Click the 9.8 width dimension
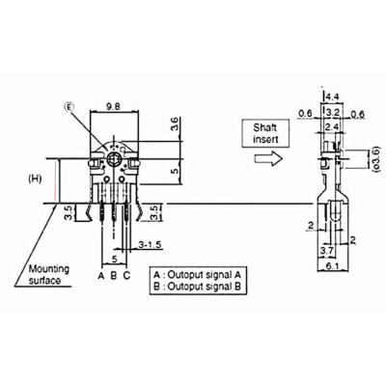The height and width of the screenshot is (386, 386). click(x=114, y=106)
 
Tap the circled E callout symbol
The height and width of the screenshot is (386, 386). click(x=69, y=107)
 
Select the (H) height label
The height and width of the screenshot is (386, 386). click(x=35, y=179)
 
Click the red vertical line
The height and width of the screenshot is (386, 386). click(x=57, y=181)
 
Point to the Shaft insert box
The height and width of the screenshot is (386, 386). click(x=265, y=133)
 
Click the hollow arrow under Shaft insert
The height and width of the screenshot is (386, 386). click(x=268, y=158)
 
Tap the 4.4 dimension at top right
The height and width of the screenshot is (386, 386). click(x=332, y=96)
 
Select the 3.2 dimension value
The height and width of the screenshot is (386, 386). click(x=333, y=113)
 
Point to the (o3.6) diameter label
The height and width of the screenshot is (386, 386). click(x=377, y=159)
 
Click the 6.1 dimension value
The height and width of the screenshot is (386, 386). click(x=333, y=265)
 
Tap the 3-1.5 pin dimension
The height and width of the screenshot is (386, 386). click(x=150, y=245)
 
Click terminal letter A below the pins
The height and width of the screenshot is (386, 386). click(x=101, y=275)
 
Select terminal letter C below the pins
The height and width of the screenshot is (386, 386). click(x=126, y=275)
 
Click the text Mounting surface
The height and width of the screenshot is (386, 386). click(x=49, y=274)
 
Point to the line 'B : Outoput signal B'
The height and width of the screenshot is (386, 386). click(x=197, y=286)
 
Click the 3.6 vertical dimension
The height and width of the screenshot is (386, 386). click(x=174, y=124)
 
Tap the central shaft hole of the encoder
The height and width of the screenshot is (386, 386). click(x=113, y=158)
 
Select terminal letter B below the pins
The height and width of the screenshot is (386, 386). click(x=114, y=275)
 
